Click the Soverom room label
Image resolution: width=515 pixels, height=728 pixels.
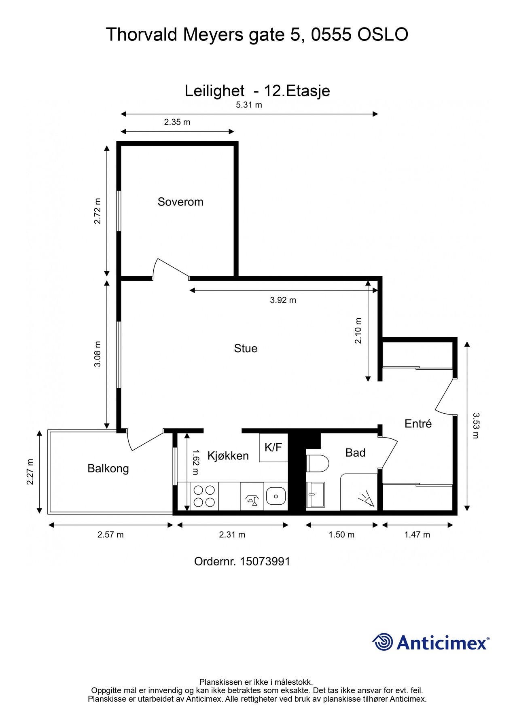180,202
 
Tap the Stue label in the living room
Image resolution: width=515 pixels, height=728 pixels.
246,348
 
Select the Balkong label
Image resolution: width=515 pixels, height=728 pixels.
108,469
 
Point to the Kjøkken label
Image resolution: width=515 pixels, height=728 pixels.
228,456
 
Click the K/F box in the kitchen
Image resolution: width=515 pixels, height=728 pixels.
273,447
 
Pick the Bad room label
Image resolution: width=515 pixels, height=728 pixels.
355,453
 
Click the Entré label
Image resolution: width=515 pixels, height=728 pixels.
418,423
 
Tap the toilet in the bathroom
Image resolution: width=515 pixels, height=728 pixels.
318,463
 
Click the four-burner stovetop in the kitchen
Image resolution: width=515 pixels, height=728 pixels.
204,496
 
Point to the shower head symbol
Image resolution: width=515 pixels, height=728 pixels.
367,499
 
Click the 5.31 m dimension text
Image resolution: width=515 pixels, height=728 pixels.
249,105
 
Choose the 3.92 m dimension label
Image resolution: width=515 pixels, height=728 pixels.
283,300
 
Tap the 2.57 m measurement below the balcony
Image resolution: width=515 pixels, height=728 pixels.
110,535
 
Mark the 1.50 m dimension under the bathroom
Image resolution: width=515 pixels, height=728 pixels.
341,535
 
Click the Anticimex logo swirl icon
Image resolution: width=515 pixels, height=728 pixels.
382,642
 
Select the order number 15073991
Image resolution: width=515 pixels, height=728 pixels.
265,561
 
